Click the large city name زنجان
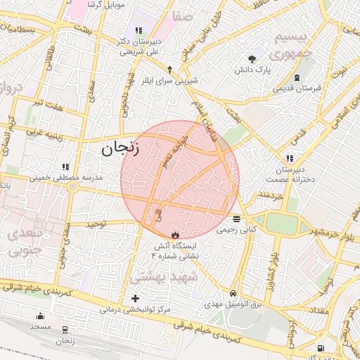[120, 148]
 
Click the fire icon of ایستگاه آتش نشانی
[175, 235]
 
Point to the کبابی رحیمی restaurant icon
[236, 219]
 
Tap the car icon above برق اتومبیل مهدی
[232, 294]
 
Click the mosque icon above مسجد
[40, 316]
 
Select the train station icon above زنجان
[65, 329]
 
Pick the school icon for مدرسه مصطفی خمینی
[65, 167]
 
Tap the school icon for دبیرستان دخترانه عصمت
[290, 159]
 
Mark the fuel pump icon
[321, 347]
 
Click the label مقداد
[320, 310]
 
